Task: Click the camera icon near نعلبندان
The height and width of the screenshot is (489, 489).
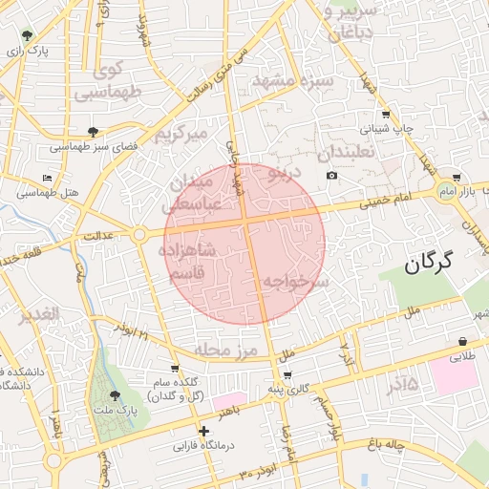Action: tap(331, 175)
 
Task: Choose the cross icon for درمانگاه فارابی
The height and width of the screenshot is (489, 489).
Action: tap(202, 431)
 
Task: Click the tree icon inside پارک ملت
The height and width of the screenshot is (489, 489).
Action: tap(116, 394)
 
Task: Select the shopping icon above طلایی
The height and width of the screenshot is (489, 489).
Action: tap(462, 341)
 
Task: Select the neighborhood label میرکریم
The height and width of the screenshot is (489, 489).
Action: tap(181, 134)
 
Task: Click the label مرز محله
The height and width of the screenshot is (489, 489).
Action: tap(226, 351)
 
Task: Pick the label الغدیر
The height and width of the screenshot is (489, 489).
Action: tap(41, 313)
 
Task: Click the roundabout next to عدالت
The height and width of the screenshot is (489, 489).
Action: tap(139, 234)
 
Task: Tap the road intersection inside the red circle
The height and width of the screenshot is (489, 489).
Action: tap(246, 222)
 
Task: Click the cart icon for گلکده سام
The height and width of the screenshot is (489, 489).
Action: tap(174, 368)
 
